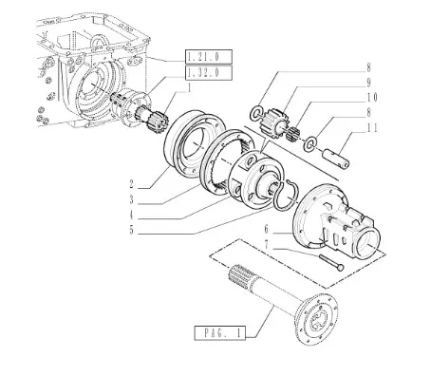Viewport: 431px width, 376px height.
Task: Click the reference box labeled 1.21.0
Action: (x=209, y=57)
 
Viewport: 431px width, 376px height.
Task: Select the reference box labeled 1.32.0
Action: (x=209, y=73)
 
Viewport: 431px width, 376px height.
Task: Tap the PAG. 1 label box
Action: (x=220, y=333)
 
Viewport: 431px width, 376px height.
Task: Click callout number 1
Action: (x=189, y=88)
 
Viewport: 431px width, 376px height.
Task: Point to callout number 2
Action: (x=132, y=184)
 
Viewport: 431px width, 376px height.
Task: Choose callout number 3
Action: (x=132, y=200)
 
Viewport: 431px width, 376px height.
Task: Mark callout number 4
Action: (x=132, y=216)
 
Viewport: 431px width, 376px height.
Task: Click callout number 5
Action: (x=132, y=230)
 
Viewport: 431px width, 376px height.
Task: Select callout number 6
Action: (x=267, y=229)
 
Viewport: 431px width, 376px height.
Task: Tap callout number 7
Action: (x=267, y=245)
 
